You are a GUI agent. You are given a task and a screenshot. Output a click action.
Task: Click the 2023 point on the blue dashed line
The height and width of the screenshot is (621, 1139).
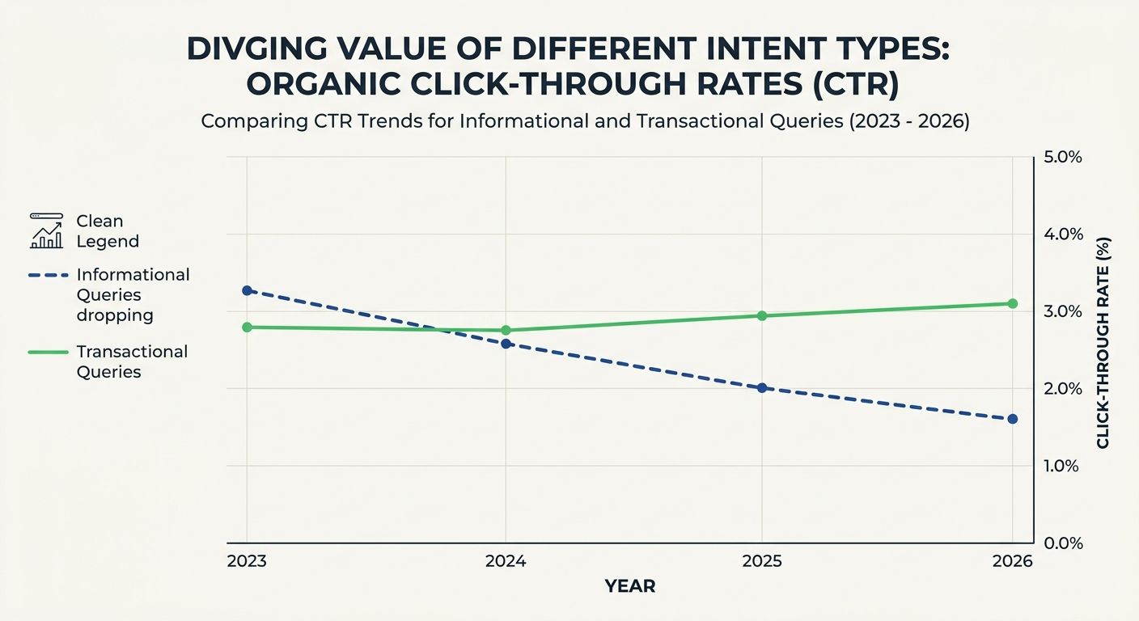point(247,290)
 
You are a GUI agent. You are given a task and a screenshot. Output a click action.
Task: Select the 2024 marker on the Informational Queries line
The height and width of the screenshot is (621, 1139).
point(506,344)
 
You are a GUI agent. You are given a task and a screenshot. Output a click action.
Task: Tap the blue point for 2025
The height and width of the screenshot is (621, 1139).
point(761,388)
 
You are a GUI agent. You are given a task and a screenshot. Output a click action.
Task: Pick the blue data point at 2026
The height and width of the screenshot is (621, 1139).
point(1012,419)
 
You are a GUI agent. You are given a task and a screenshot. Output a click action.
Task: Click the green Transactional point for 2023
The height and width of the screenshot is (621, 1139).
point(247,327)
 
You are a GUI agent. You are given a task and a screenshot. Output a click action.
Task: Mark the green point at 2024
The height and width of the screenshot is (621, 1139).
point(506,330)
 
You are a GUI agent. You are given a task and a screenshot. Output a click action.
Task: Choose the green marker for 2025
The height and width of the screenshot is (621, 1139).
point(761,315)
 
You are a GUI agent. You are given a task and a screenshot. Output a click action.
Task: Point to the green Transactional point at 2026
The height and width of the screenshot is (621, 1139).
point(1012,303)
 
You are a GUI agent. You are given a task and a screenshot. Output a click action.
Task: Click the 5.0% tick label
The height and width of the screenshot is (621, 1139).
point(1063,157)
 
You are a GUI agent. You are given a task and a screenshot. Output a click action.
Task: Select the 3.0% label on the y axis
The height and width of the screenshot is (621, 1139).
point(1063,311)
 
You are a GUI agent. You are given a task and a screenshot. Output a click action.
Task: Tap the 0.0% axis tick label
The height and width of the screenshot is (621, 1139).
point(1063,543)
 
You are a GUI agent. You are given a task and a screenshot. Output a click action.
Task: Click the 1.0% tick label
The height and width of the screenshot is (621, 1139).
point(1063,466)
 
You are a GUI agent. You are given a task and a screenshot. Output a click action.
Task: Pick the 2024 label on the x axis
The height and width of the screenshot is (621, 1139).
point(506,561)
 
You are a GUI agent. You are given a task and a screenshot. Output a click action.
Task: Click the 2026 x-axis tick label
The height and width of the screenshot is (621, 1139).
point(1012,561)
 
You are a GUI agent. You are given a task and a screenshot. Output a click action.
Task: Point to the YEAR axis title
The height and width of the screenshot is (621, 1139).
point(630,587)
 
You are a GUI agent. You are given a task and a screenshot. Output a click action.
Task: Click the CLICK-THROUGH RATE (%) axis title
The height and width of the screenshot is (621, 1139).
point(1103,343)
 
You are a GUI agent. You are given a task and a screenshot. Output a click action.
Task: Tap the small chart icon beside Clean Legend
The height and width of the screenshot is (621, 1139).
point(46,231)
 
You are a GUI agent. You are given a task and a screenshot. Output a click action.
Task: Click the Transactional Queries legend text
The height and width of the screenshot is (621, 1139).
point(131,361)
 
